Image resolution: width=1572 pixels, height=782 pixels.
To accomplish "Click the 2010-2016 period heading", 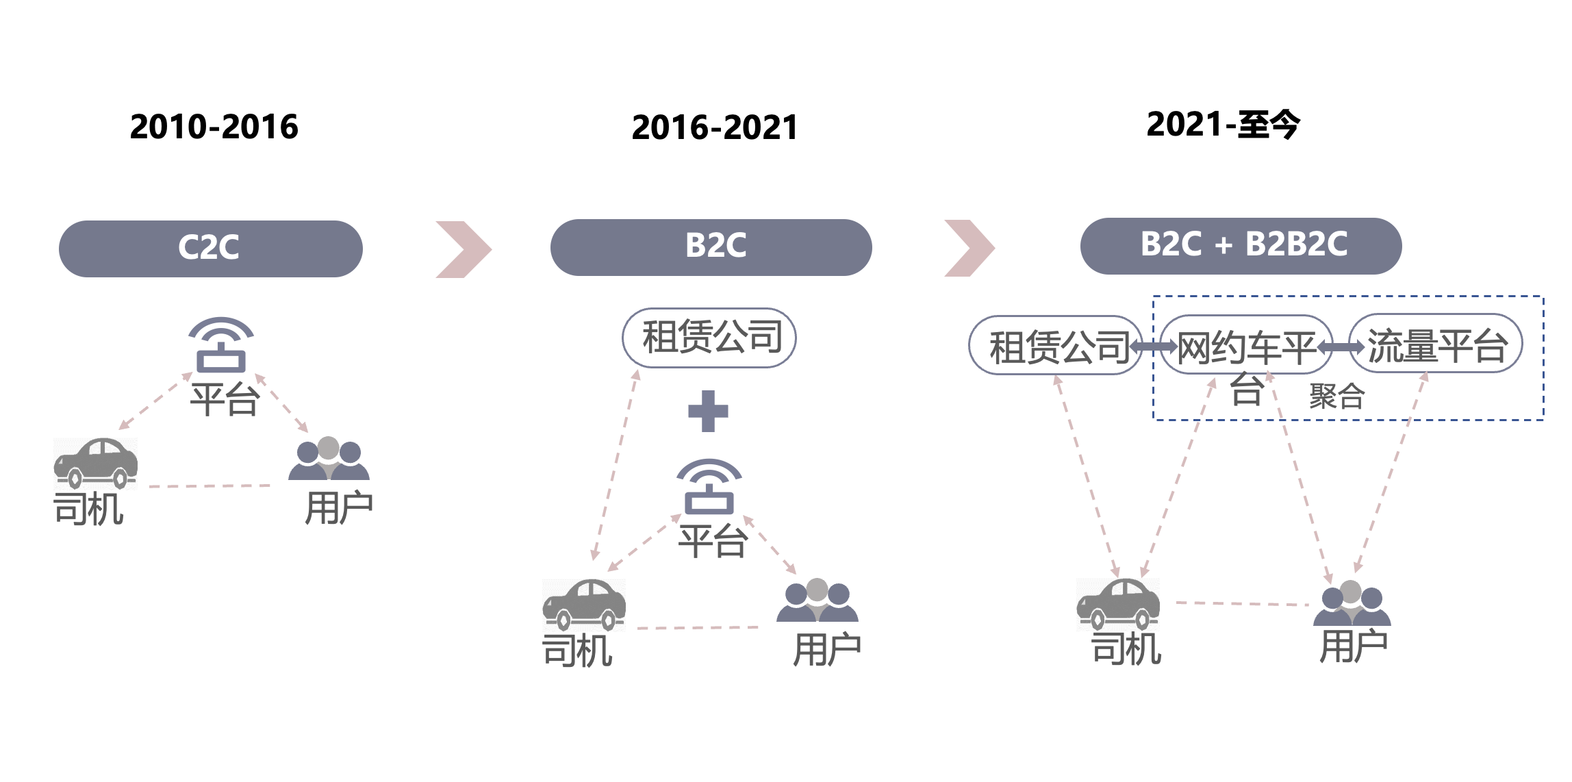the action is click(214, 127).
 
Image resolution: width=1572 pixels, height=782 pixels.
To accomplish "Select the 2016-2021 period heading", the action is click(715, 127).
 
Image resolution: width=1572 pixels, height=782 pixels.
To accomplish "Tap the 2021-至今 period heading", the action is click(1223, 125).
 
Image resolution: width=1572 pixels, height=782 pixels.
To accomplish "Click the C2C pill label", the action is click(211, 249).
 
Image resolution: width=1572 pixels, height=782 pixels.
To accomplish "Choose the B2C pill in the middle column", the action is click(711, 247).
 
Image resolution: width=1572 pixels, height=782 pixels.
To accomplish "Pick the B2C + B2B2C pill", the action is click(1241, 246).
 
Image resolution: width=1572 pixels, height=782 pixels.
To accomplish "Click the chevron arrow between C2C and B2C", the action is click(464, 249).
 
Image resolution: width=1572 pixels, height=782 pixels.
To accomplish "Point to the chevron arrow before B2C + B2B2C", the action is click(969, 248).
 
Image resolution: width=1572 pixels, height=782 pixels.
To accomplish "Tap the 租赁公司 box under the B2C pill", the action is click(709, 338).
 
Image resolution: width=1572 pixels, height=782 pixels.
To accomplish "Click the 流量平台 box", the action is click(1436, 343).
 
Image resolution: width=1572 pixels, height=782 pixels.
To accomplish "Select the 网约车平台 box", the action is click(1246, 344).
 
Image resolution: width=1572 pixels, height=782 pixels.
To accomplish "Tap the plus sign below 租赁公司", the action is click(708, 411).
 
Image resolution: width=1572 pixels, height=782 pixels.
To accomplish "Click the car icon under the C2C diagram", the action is click(96, 464).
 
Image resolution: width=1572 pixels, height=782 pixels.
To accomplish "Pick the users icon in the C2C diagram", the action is click(329, 458).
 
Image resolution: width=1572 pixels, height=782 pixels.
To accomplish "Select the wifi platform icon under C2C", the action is click(221, 345).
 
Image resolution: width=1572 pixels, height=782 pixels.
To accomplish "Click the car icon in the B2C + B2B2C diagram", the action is click(1118, 604).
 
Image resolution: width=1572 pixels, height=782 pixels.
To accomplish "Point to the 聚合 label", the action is click(1336, 396).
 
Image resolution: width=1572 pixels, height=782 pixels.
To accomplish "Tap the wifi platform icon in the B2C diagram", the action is click(709, 487).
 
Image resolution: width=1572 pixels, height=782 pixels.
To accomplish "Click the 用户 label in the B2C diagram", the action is click(827, 648).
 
